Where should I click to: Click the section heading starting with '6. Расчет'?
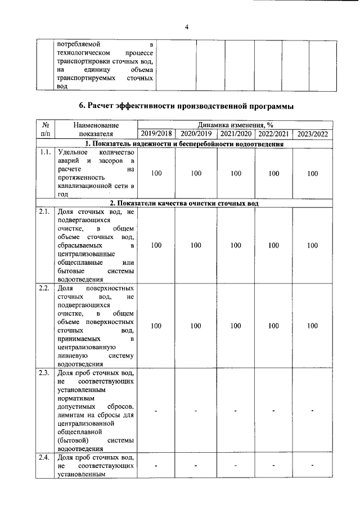(186, 106)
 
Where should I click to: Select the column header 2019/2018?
(156, 134)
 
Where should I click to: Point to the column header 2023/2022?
(313, 134)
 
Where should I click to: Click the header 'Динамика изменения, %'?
(235, 125)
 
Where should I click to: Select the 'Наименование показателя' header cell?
(96, 129)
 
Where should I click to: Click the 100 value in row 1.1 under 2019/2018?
(156, 173)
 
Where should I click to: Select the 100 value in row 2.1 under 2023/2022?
(313, 245)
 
